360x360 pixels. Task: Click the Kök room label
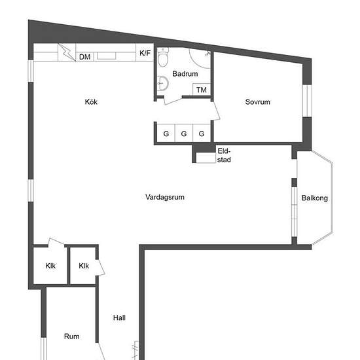[91, 101]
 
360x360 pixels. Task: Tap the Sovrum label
[258, 101]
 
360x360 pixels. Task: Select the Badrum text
[185, 74]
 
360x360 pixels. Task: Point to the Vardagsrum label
[165, 197]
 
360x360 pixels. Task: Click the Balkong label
[315, 198]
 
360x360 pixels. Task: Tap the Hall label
[119, 317]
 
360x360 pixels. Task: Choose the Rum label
[71, 336]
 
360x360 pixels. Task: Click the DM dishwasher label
[84, 57]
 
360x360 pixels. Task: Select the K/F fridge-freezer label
[145, 53]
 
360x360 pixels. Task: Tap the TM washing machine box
[202, 89]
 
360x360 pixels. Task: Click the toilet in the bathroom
[163, 57]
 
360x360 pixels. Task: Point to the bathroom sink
[163, 83]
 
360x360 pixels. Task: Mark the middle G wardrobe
[184, 134]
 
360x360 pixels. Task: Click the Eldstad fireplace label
[224, 155]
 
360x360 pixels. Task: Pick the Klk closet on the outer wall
[50, 266]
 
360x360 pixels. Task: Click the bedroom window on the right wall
[307, 101]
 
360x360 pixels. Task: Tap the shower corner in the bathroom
[200, 58]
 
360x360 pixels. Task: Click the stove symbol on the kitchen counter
[67, 52]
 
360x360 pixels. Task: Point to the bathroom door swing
[173, 100]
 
